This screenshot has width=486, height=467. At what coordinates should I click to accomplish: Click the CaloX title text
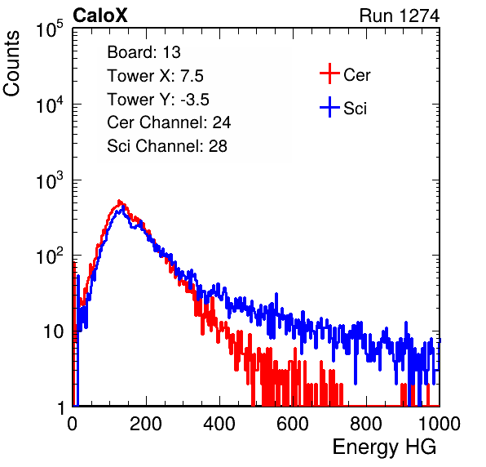click(x=100, y=16)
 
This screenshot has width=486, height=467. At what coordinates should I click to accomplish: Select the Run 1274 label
click(x=400, y=16)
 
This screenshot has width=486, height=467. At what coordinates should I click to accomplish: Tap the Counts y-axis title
click(x=11, y=64)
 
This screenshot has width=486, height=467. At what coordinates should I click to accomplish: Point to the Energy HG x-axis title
click(x=384, y=447)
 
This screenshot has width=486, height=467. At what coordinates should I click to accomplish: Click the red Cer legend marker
click(x=329, y=73)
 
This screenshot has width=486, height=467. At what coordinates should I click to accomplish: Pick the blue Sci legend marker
click(x=329, y=107)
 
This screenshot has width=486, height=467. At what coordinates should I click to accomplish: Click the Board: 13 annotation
click(x=144, y=52)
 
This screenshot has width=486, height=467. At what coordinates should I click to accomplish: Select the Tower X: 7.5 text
click(x=155, y=76)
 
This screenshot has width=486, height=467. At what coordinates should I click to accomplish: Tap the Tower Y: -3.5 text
click(x=158, y=100)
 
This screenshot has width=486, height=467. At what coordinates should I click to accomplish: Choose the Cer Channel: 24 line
click(x=169, y=122)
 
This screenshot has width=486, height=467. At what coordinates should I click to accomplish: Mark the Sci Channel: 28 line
click(x=167, y=146)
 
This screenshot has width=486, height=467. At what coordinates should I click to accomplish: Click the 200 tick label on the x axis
click(x=146, y=424)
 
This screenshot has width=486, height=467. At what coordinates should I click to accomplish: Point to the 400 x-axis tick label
click(x=219, y=424)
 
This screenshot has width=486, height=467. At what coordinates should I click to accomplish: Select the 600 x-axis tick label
click(x=293, y=424)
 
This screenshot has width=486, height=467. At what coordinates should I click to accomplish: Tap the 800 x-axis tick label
click(x=366, y=424)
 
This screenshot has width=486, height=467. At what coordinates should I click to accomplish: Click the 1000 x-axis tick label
click(x=440, y=424)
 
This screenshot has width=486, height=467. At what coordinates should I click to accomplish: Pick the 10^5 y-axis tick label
click(x=50, y=29)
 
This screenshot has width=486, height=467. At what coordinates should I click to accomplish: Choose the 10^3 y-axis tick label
click(x=50, y=180)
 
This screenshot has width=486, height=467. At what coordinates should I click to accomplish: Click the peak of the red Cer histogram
click(x=119, y=201)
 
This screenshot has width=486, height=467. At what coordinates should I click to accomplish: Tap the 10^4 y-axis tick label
click(x=50, y=105)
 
